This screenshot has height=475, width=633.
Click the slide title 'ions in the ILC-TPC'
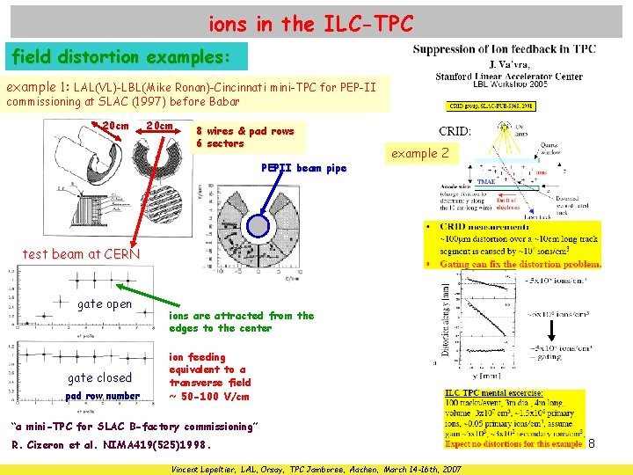[310, 24]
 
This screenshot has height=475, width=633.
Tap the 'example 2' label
[420, 153]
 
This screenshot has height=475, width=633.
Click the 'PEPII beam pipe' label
[304, 168]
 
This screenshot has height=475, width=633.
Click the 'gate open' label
[105, 304]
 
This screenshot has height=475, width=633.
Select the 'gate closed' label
[99, 378]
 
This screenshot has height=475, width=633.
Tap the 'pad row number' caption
[103, 396]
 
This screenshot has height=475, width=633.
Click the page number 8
[591, 445]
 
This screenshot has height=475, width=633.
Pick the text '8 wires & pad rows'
[245, 131]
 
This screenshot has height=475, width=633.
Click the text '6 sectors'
[220, 143]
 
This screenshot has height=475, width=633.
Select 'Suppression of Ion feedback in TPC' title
[504, 49]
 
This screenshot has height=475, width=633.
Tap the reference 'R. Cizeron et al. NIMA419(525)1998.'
[112, 445]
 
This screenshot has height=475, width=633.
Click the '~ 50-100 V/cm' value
[208, 396]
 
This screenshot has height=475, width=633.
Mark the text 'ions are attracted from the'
[241, 316]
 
